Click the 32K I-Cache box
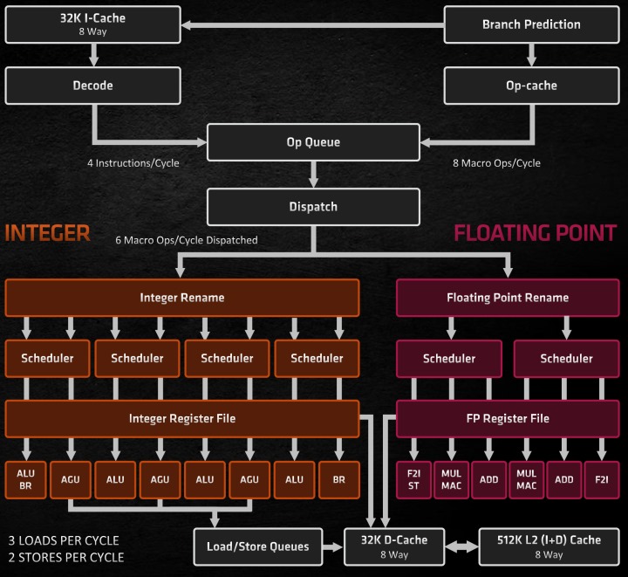tap(92, 24)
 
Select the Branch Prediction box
tap(531, 24)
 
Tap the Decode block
tap(92, 86)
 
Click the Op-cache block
tap(531, 86)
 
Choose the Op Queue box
tap(312, 142)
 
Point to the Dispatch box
tap(312, 207)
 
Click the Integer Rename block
tap(182, 298)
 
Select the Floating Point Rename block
tap(508, 298)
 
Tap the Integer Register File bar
tap(182, 418)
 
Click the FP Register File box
tap(508, 418)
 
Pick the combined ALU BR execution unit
tap(26, 479)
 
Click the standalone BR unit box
tap(338, 479)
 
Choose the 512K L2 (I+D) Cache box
tap(549, 546)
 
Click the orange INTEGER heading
tap(47, 232)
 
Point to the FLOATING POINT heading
tap(536, 232)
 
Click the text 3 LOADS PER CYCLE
tap(63, 540)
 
